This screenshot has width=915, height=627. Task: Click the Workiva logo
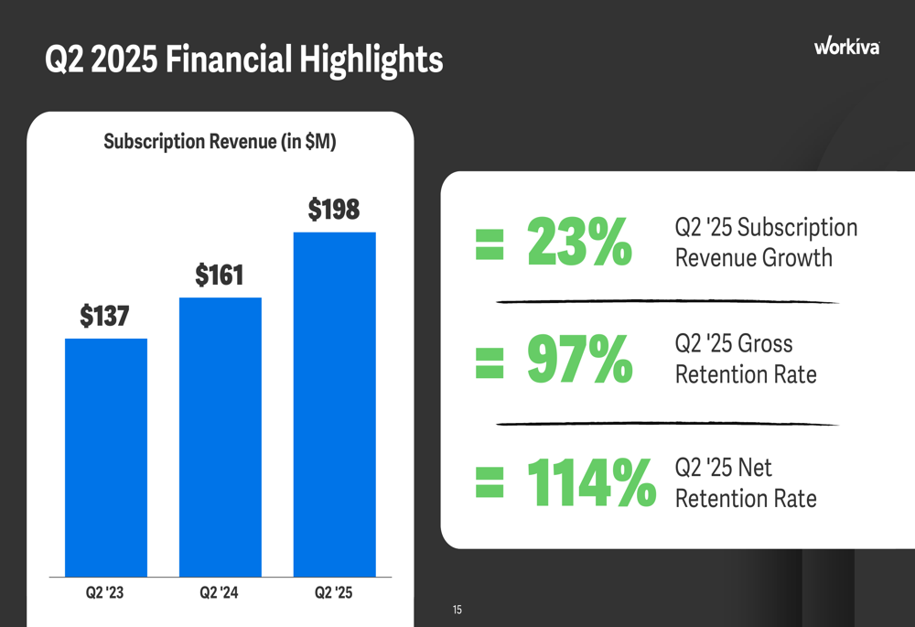(846, 47)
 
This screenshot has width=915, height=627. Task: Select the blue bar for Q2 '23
(106, 458)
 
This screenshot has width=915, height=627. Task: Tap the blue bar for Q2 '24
(221, 438)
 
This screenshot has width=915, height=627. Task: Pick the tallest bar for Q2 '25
(335, 405)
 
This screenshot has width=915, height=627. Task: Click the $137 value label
(104, 317)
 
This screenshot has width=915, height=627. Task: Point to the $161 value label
(220, 275)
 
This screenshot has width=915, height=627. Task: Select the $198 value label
(334, 210)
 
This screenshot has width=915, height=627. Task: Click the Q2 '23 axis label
(104, 593)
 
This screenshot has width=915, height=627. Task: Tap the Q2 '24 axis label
(219, 593)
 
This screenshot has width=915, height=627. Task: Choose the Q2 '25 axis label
(333, 593)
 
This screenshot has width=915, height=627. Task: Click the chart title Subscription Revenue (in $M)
(220, 142)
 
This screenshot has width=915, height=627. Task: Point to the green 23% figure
(579, 243)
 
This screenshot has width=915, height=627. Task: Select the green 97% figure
(579, 360)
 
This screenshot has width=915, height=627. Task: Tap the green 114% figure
(591, 483)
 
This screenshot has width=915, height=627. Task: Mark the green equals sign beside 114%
(490, 484)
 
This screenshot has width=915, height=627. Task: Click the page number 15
(457, 610)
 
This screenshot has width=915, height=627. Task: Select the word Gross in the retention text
(765, 344)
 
